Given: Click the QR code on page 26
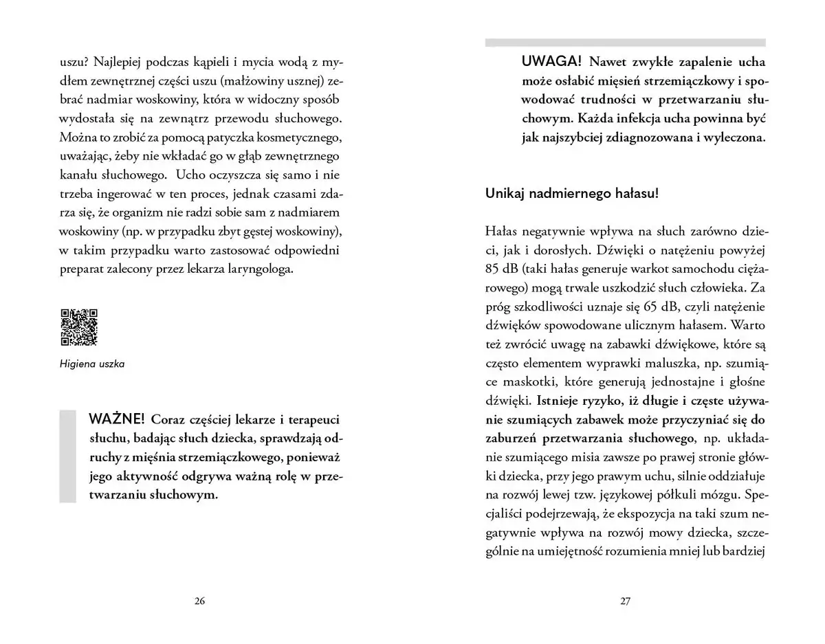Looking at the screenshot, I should pos(79,326).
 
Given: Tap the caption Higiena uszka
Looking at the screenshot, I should pos(92,364).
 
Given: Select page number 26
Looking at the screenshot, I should pos(199,600).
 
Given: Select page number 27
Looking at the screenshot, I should pos(625,600).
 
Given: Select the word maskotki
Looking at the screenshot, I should pos(514,381).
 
